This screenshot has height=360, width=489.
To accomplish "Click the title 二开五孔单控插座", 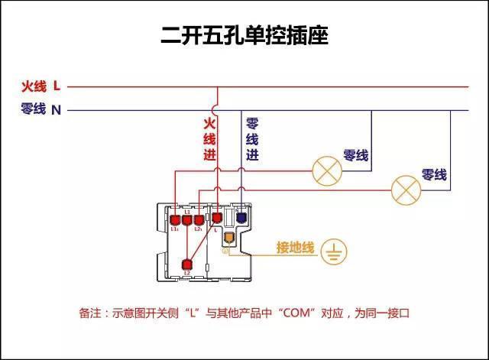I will point(244,36).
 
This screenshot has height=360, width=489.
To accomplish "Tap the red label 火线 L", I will point(40,86).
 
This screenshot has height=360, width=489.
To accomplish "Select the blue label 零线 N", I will point(40,109).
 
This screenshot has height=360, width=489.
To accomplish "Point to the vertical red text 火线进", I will point(209,138).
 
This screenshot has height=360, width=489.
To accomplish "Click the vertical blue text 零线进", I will point(252,138).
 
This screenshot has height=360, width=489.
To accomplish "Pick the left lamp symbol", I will point(326,170).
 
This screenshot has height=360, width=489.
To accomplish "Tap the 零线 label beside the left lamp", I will point(356,155).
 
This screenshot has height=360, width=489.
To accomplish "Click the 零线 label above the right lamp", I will point(434,175).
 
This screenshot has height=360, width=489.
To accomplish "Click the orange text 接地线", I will point(295,248).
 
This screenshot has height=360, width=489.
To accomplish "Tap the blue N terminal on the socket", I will point(241,218).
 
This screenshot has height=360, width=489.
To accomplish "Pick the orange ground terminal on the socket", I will point(227,235).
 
